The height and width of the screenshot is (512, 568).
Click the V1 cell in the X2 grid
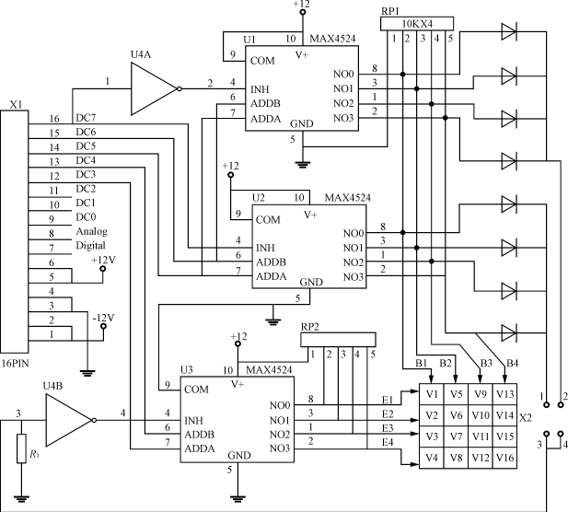[432, 395]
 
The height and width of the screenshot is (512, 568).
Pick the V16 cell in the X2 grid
[504, 457]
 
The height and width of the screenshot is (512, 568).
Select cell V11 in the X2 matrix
[480, 436]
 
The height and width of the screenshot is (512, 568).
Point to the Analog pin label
[92, 231]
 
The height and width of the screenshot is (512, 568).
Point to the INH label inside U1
[263, 90]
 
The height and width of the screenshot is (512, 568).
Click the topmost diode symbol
[508, 33]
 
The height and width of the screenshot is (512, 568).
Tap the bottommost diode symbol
[508, 331]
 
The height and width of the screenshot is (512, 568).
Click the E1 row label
[387, 400]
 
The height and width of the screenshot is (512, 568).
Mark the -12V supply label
[103, 318]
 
